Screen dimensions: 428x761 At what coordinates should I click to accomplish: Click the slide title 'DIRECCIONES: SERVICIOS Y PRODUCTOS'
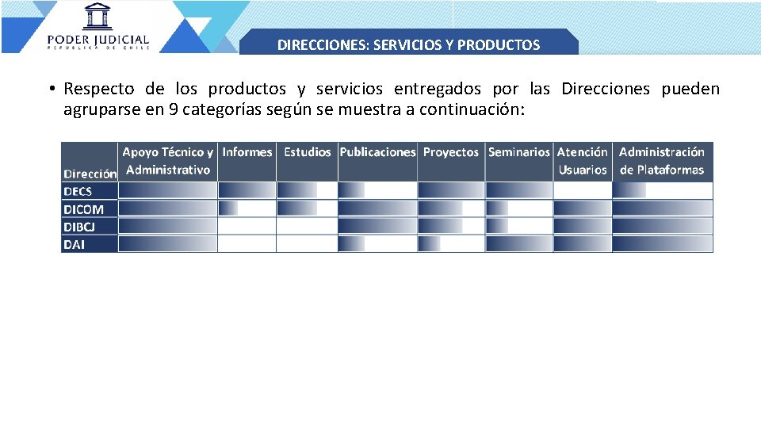click(x=408, y=44)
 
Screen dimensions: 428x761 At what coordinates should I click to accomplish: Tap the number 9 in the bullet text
click(x=173, y=109)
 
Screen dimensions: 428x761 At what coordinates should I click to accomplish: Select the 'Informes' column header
click(x=247, y=152)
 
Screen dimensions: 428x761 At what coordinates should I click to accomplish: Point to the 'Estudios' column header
click(x=307, y=152)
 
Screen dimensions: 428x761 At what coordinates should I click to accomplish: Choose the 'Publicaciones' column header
click(x=377, y=152)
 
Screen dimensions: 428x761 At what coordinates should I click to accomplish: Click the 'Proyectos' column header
click(x=451, y=152)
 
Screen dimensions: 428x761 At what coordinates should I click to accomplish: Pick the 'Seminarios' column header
click(x=518, y=152)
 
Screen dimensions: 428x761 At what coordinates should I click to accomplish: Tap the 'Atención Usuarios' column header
click(x=583, y=161)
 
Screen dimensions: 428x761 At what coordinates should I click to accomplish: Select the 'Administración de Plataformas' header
click(x=662, y=161)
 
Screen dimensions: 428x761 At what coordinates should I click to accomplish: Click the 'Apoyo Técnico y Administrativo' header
click(x=167, y=161)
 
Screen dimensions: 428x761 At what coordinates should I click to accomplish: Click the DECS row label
click(x=78, y=191)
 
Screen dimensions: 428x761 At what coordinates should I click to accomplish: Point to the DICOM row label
click(x=83, y=209)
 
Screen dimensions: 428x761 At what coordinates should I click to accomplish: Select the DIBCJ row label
click(x=79, y=227)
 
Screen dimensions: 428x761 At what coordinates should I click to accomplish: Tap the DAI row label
click(x=74, y=244)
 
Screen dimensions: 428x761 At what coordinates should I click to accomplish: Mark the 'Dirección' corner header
click(x=90, y=173)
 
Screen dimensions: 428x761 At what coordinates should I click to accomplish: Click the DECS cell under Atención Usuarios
click(x=583, y=191)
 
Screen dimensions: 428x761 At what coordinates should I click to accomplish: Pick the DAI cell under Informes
click(x=247, y=244)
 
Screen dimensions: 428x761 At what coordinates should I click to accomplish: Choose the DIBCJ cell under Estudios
click(x=307, y=227)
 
